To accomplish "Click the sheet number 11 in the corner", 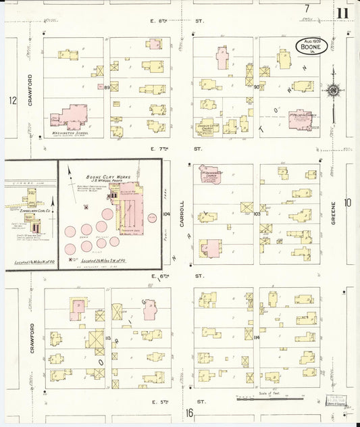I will coord(343,12).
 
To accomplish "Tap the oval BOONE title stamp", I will coord(312,47).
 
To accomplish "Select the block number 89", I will coord(107,87).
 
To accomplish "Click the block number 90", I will coord(257,87).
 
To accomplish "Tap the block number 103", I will coord(257,214).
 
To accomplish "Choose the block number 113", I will coord(107,337).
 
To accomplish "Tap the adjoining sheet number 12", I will coord(12,101).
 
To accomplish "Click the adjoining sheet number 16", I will coord(190,413).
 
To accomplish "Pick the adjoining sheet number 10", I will coord(348,202).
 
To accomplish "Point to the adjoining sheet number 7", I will coord(307,8).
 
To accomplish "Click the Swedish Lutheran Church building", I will coord(210,126).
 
